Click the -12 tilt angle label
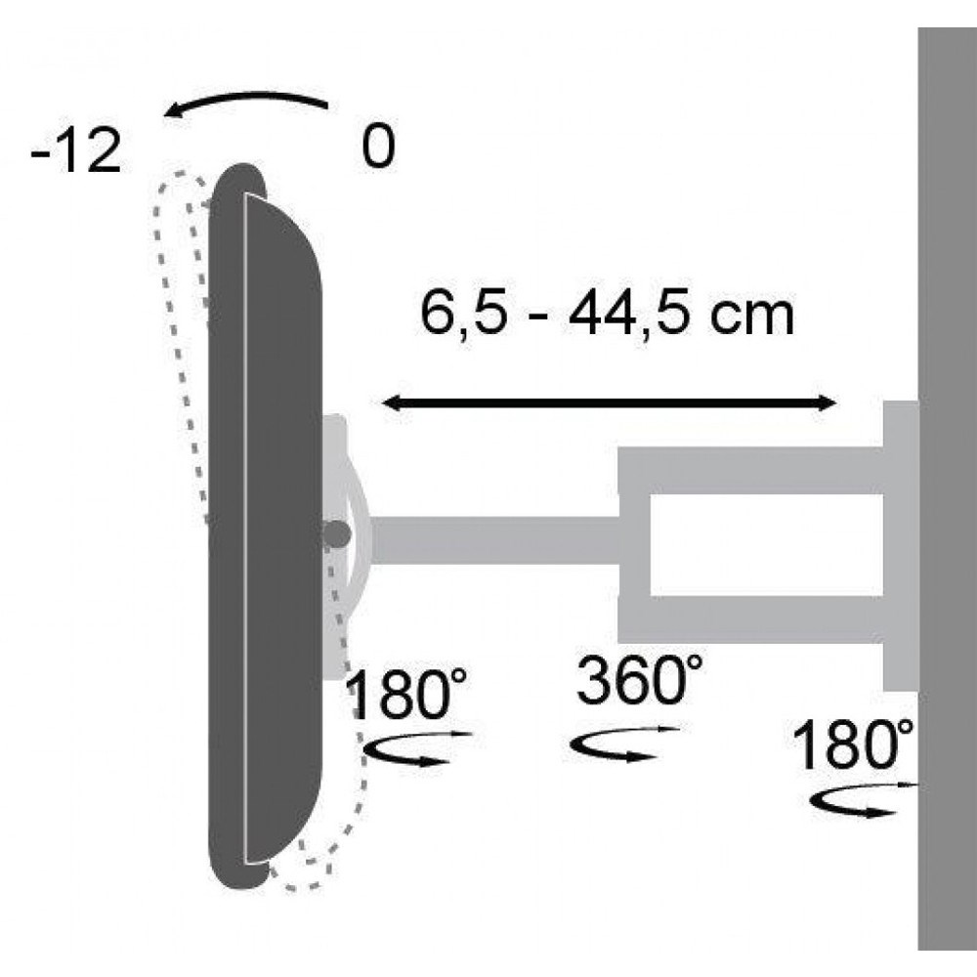coord(75,154)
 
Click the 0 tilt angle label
coord(377,149)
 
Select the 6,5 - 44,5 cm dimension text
coord(606,315)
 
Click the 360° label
coord(639,682)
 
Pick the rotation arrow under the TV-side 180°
coord(415,751)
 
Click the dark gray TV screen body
coord(264,528)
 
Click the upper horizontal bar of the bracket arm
coord(752,470)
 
